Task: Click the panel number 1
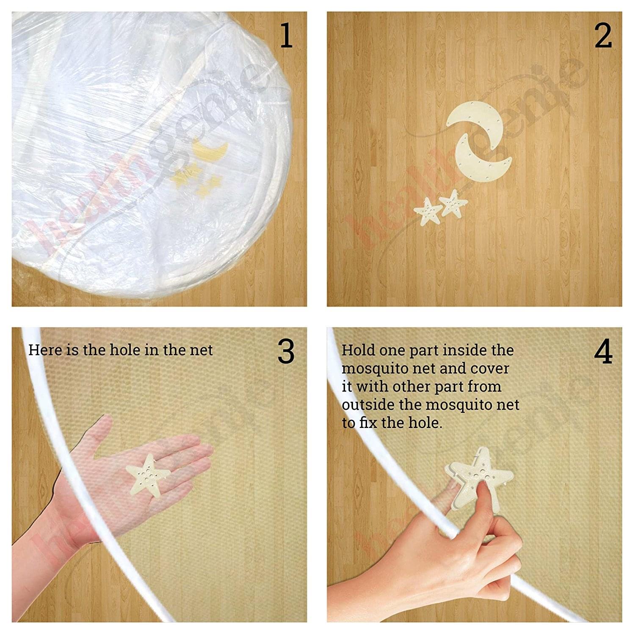pyautogui.click(x=287, y=36)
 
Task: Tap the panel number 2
pyautogui.click(x=603, y=36)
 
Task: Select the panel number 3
pyautogui.click(x=286, y=352)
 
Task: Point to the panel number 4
pyautogui.click(x=603, y=352)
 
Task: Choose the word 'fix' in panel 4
pyautogui.click(x=369, y=423)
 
